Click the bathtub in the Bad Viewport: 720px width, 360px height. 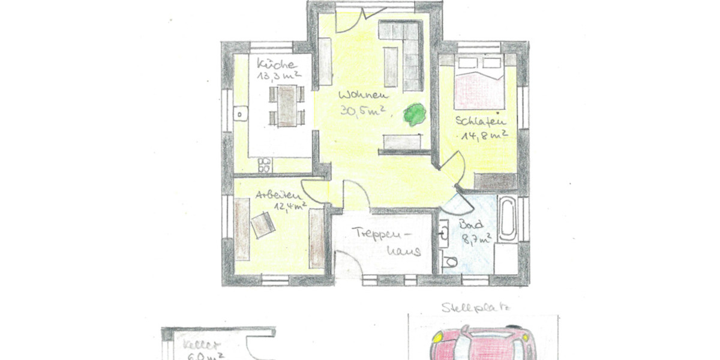508,218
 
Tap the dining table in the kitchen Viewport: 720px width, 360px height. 287,106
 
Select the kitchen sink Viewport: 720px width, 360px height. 241,113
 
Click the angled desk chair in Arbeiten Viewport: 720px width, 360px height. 263,225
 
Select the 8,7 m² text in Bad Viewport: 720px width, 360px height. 477,238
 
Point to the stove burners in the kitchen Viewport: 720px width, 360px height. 264,164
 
